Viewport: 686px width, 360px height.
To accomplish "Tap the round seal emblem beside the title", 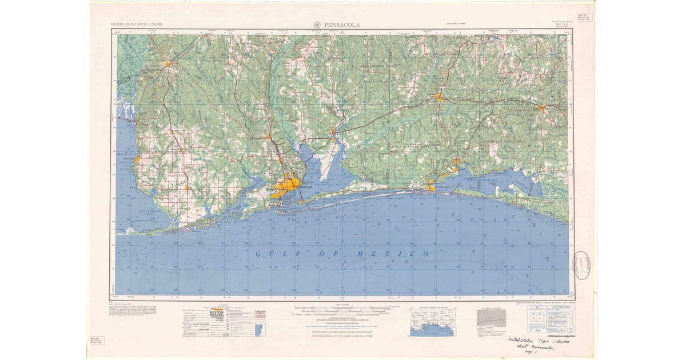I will coord(317,25).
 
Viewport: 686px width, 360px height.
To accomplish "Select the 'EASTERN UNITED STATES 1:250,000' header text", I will coord(137,25).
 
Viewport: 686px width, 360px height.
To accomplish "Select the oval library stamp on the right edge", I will coord(581,265).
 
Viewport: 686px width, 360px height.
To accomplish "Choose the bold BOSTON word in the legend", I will coord(217,314).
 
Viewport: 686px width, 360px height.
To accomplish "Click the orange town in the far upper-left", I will coord(167,63).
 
